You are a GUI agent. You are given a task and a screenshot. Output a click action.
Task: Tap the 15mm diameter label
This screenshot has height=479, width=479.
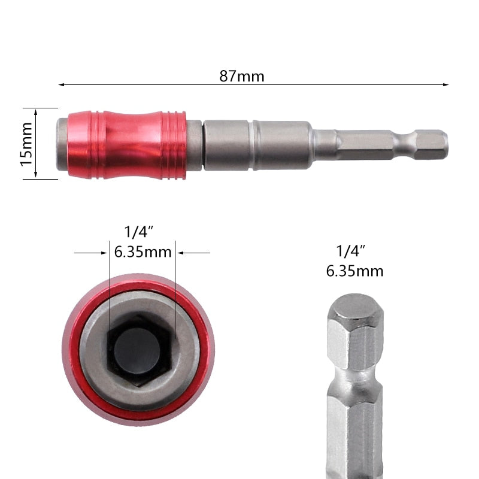[26, 143]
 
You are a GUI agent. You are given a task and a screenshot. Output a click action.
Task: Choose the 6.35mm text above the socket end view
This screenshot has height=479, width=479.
[143, 251]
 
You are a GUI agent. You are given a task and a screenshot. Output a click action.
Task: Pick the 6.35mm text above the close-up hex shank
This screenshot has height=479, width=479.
[354, 271]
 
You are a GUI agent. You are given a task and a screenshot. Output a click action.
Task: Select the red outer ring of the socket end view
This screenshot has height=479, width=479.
[74, 359]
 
